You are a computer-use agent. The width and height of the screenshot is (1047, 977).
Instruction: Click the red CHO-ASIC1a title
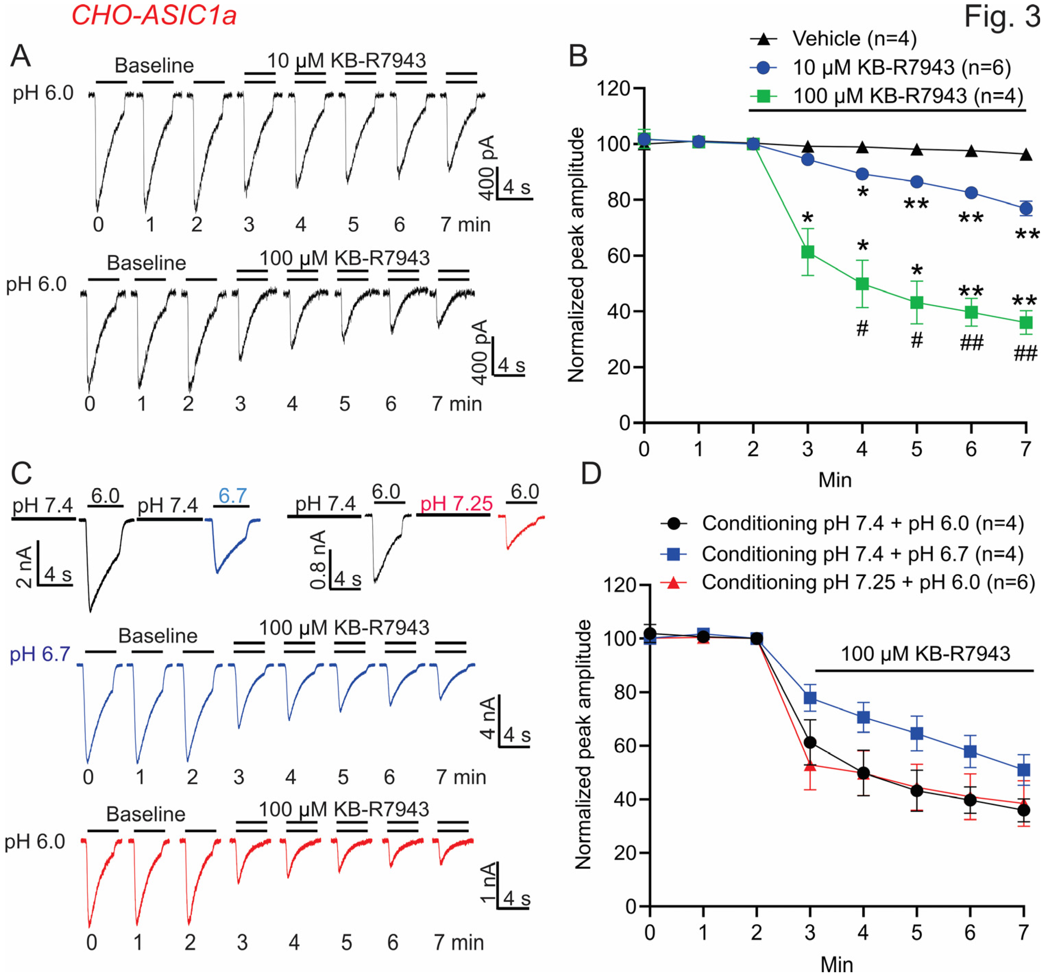[154, 15]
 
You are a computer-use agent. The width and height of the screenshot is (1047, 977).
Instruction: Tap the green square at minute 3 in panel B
[807, 252]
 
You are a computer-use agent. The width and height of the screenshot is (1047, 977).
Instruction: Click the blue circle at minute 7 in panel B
[1025, 209]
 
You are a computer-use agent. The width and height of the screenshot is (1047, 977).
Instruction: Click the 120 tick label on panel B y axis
[613, 88]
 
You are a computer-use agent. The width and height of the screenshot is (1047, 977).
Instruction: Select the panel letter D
[591, 474]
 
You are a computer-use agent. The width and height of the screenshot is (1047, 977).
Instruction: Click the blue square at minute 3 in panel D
[810, 698]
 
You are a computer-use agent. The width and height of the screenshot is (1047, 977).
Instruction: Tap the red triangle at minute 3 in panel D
[810, 765]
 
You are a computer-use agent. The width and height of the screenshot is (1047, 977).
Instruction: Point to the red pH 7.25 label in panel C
[456, 503]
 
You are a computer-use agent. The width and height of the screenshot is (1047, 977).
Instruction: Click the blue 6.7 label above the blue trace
[232, 496]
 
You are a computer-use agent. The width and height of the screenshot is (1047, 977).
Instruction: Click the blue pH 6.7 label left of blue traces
[40, 654]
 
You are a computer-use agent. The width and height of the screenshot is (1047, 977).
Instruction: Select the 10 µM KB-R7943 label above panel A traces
[346, 61]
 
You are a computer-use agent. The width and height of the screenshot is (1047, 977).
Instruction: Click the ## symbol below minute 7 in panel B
[1025, 353]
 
